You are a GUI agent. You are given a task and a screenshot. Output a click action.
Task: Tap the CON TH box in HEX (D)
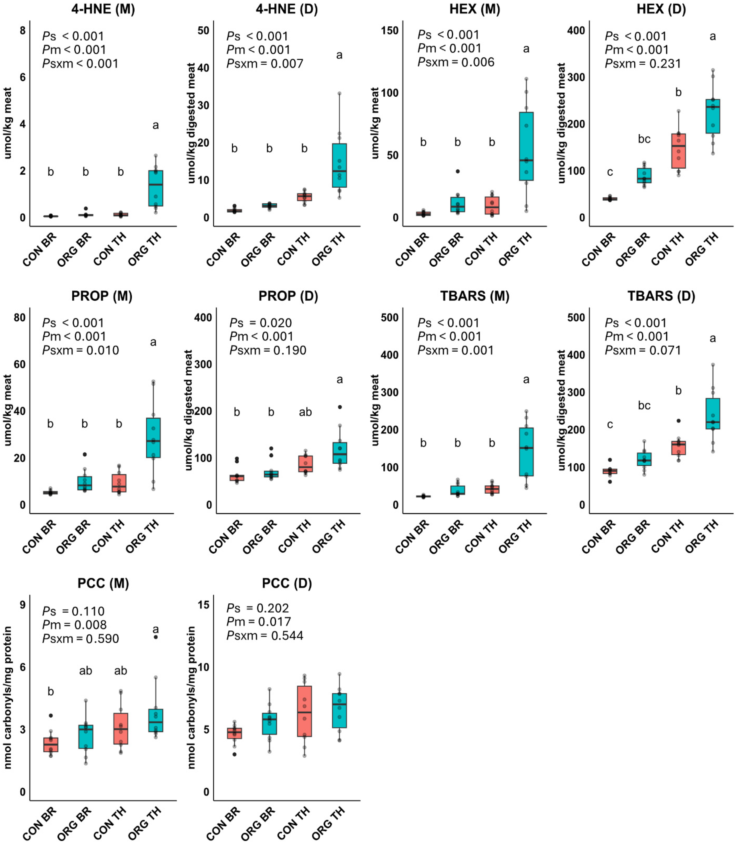click(x=679, y=151)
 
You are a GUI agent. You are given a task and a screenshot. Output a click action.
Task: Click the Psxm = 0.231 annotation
click(x=643, y=64)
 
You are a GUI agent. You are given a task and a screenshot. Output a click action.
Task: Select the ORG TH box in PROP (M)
click(x=153, y=438)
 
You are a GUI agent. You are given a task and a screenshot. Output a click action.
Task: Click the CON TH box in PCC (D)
click(x=304, y=711)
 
